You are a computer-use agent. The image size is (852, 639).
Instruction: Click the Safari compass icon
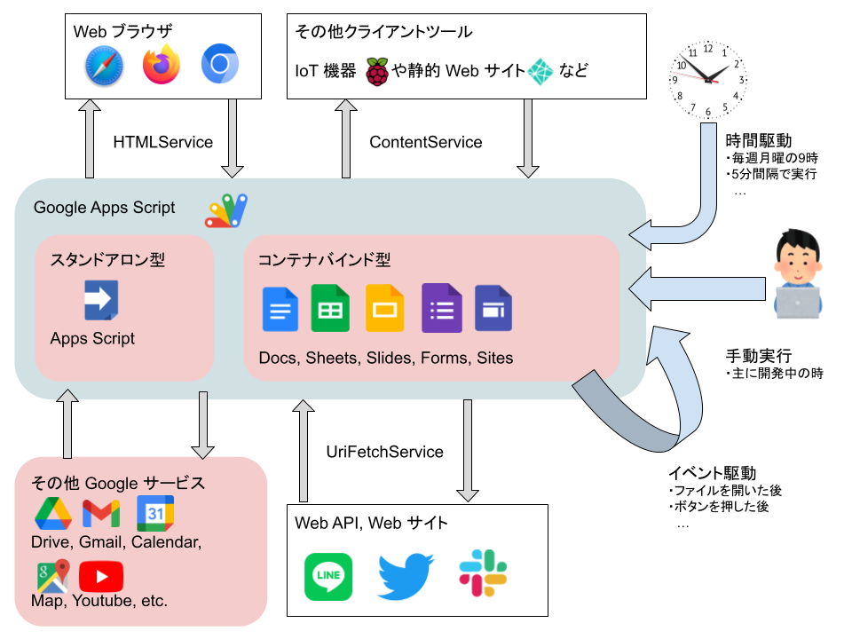[x=104, y=66]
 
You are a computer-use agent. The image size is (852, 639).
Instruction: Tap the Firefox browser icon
[x=162, y=65]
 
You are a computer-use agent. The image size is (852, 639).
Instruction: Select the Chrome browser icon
[x=219, y=65]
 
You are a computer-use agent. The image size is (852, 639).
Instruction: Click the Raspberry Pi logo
[x=378, y=70]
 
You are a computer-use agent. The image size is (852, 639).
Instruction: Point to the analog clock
[x=709, y=79]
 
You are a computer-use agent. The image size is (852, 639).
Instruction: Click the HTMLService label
[x=163, y=142]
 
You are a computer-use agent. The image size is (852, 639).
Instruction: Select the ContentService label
[x=426, y=142]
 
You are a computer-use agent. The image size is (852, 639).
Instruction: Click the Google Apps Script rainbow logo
[x=227, y=210]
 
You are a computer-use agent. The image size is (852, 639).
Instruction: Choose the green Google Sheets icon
[x=330, y=307]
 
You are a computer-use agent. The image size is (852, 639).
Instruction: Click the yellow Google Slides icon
[x=385, y=308]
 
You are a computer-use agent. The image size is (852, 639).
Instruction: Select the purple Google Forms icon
[x=441, y=308]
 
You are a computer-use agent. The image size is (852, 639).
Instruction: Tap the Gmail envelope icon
[x=101, y=513]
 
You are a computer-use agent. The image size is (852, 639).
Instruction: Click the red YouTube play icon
[x=101, y=577]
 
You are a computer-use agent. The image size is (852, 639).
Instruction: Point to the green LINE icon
[x=327, y=577]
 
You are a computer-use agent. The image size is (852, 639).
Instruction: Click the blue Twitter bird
[x=405, y=577]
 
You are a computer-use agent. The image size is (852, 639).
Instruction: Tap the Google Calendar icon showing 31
[x=155, y=514]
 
